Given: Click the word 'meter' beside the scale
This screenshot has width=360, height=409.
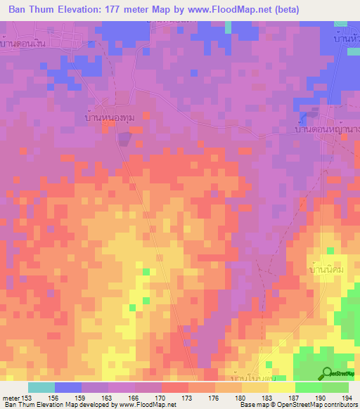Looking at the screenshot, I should [x=10, y=398].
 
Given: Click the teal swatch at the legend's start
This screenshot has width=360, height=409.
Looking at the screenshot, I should [x=41, y=387].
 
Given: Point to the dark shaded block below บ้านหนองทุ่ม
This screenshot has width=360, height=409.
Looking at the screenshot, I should [x=123, y=139].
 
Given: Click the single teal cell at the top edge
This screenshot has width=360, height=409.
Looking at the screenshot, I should [x=229, y=27].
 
